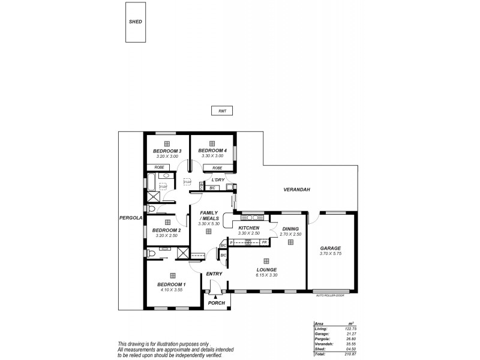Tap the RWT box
[x=221, y=111]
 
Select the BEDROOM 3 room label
[x=167, y=151]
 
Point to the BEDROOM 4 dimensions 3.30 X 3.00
[x=212, y=156]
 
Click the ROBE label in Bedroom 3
[x=160, y=168]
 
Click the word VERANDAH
[x=296, y=190]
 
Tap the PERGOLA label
[x=130, y=218]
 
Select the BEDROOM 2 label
[x=166, y=230]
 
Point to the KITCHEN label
[x=248, y=229]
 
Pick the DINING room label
[x=290, y=229]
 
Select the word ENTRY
[x=214, y=274]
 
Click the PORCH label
[x=216, y=303]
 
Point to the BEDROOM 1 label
[x=172, y=284]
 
